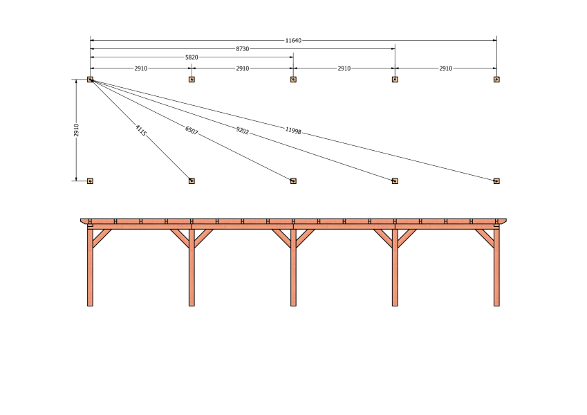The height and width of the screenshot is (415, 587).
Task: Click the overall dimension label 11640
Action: pyautogui.click(x=293, y=40)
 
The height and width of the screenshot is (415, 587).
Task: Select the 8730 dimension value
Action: pyautogui.click(x=242, y=49)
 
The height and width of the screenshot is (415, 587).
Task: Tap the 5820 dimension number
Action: pyautogui.click(x=192, y=57)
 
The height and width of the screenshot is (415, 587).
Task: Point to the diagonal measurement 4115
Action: pyautogui.click(x=141, y=130)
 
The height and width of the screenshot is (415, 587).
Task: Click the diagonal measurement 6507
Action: pyautogui.click(x=192, y=130)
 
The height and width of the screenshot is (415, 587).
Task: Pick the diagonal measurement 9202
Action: pyautogui.click(x=242, y=130)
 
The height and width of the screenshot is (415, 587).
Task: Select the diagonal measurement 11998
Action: pyautogui.click(x=293, y=130)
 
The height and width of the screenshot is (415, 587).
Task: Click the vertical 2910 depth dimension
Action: pyautogui.click(x=76, y=130)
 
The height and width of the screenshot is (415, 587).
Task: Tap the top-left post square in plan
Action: pyautogui.click(x=90, y=80)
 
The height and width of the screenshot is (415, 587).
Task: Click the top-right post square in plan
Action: pyautogui.click(x=496, y=80)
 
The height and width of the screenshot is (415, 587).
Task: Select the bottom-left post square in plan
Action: pyautogui.click(x=90, y=181)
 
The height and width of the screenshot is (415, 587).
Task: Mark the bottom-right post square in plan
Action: pyautogui.click(x=496, y=181)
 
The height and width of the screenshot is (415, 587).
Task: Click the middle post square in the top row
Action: pyautogui.click(x=293, y=80)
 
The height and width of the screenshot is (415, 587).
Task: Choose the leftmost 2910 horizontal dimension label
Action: pyautogui.click(x=141, y=68)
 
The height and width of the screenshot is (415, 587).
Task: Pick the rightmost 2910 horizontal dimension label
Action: pyautogui.click(x=445, y=68)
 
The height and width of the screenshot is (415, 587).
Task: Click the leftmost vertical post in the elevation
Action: pyautogui.click(x=90, y=268)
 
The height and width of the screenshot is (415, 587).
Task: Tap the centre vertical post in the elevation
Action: pyautogui.click(x=293, y=268)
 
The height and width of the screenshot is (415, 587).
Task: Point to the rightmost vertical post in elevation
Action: pyautogui.click(x=496, y=268)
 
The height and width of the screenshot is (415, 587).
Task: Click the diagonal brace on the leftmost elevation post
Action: pyautogui.click(x=102, y=238)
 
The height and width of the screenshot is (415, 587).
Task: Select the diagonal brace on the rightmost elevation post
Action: pyautogui.click(x=485, y=238)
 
